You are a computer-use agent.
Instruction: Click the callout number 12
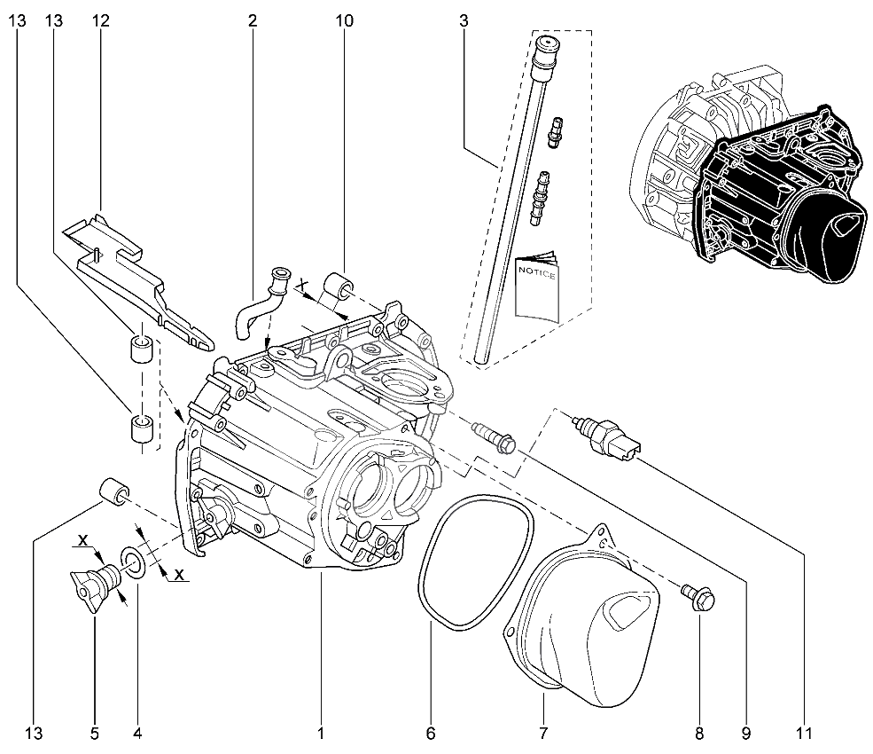point(99,21)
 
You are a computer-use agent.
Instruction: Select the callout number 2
point(253,21)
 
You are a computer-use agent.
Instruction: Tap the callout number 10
point(345,21)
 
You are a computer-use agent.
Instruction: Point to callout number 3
point(464,21)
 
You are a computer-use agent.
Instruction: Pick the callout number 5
point(94,734)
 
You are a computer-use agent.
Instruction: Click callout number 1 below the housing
point(321,734)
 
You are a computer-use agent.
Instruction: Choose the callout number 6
point(431,734)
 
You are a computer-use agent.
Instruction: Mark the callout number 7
point(542,734)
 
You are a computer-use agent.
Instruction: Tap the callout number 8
point(699,734)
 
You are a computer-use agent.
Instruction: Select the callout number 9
point(745,734)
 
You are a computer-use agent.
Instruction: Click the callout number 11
point(803,734)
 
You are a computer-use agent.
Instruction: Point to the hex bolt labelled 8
point(699,601)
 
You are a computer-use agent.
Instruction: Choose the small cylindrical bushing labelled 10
point(340,289)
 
